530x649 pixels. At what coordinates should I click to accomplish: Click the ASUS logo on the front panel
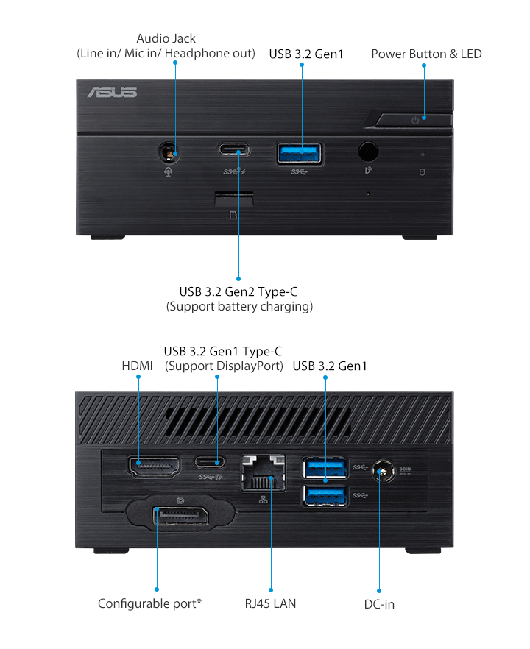coord(112,92)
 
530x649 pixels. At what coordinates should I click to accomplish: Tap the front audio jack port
coord(170,152)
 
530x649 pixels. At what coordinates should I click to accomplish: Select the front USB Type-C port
coord(233,150)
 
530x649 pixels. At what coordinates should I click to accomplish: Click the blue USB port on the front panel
coord(300,153)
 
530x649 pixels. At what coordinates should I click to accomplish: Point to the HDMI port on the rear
coord(154,465)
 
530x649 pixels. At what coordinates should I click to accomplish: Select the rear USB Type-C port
coord(216,462)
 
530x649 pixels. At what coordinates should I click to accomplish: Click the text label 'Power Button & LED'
coord(426,54)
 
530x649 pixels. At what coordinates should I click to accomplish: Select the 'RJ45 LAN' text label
coord(271,604)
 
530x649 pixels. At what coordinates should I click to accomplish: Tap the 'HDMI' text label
coord(137,366)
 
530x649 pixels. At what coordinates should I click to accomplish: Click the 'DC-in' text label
coord(379,604)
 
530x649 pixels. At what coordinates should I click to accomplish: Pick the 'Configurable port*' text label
coord(149,604)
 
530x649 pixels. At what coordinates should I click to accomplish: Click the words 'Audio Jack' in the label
coord(166,38)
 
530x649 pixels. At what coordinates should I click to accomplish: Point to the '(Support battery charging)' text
coord(239,306)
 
